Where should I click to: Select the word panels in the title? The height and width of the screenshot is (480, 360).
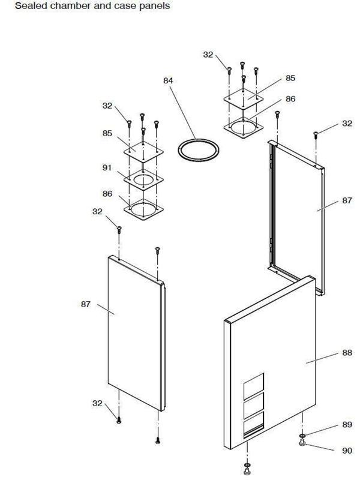coord(154,6)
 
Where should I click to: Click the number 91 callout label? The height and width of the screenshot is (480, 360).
coord(107,169)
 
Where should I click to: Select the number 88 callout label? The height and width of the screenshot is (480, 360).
coord(347,353)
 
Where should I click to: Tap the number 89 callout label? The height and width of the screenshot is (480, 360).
coord(347,425)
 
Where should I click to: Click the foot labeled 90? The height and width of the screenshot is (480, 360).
coord(304,444)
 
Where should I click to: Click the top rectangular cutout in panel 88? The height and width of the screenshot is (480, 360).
coord(254,383)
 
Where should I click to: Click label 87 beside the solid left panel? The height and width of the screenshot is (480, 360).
coord(86,304)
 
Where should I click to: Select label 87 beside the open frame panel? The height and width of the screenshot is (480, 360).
coord(347,201)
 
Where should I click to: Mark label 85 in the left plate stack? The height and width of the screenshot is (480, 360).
coord(107,134)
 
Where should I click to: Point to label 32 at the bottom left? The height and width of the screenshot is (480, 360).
coord(98,403)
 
